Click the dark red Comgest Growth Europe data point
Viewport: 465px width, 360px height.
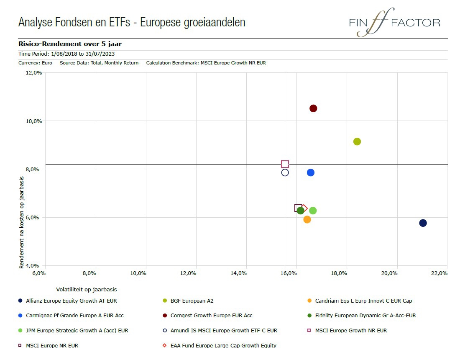(313, 108)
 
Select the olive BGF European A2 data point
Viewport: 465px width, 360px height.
(357, 141)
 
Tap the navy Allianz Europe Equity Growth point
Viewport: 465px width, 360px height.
(423, 223)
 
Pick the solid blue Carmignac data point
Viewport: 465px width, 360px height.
(310, 172)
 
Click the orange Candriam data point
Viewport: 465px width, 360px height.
(307, 219)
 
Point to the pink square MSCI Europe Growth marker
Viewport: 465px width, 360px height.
(285, 164)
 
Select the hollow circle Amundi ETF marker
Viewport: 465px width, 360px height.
(285, 172)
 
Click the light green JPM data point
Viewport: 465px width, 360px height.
(313, 211)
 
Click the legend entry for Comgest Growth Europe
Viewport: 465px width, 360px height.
(211, 316)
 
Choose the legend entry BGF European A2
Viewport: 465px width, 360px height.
(192, 301)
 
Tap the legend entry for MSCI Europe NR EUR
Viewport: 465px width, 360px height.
(52, 346)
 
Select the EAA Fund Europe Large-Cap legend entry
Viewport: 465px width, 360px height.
(223, 346)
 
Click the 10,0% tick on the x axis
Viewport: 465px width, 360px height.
(138, 273)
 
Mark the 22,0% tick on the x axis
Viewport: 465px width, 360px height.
(439, 273)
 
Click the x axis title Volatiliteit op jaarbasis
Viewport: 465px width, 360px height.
(87, 289)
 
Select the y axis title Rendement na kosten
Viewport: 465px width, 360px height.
(22, 222)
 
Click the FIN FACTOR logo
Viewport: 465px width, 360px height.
(394, 23)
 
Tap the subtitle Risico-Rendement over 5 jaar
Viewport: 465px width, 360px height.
(70, 44)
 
